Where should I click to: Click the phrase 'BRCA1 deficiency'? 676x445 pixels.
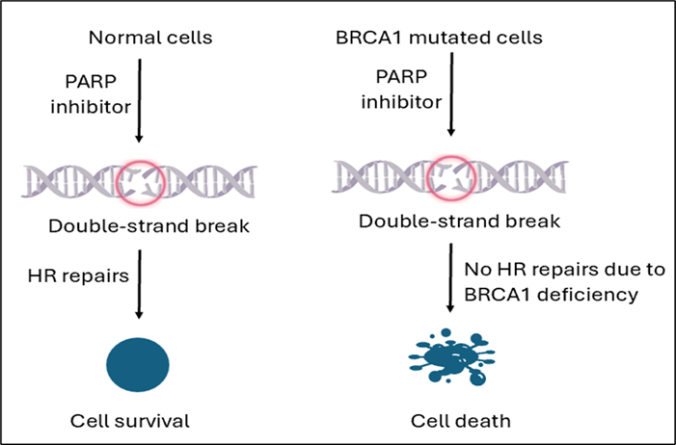point(552,295)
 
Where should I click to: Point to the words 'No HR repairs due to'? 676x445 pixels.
point(550,270)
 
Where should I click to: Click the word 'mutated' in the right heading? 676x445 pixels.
point(436,39)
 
